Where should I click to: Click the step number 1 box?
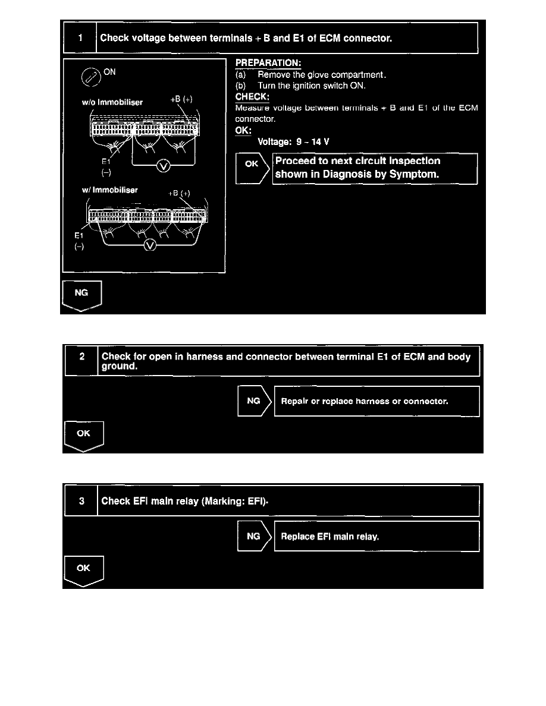[80, 38]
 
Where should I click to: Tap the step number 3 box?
[81, 500]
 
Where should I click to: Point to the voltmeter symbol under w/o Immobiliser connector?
[162, 166]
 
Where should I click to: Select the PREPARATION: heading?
[268, 63]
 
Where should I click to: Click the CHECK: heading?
[253, 96]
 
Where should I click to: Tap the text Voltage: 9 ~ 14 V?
[293, 142]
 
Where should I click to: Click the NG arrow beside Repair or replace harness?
[253, 401]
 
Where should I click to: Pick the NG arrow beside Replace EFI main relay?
[253, 536]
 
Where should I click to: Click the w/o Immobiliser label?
[112, 102]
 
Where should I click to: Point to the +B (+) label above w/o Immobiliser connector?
[181, 100]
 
